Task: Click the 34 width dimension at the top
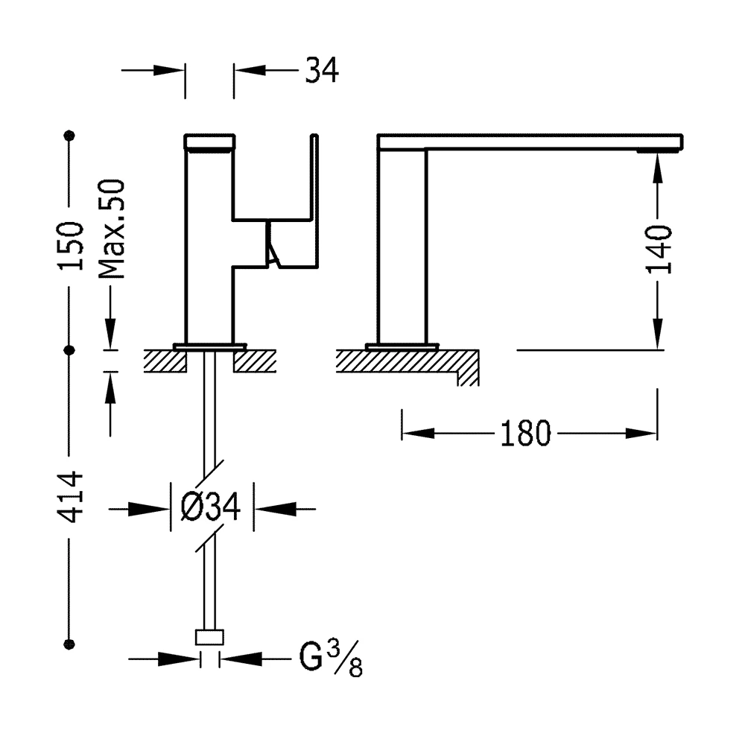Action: tap(321, 71)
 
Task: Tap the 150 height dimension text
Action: tap(71, 247)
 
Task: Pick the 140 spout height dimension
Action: tap(659, 249)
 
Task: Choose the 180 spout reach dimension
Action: tap(524, 434)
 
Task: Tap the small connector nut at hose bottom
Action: tap(210, 637)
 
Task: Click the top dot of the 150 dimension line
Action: tap(71, 136)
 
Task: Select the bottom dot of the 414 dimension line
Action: tap(71, 643)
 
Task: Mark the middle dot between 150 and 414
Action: tap(71, 349)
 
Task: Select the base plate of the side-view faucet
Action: tap(402, 346)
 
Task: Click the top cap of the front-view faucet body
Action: tap(209, 141)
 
